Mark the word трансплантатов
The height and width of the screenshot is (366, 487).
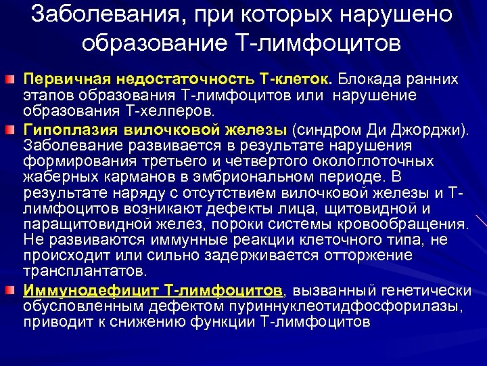pyautogui.click(x=84, y=271)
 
